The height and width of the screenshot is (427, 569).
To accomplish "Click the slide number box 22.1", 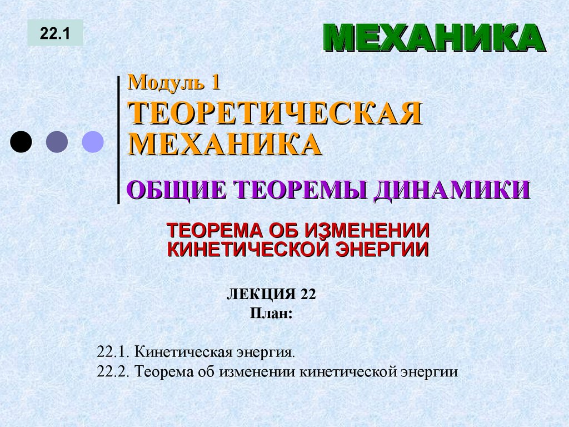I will click(55, 33).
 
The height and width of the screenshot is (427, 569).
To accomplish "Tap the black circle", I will click(21, 141).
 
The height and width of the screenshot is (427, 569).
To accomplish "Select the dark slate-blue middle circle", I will click(57, 141).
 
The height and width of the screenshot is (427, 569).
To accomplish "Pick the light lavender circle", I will click(93, 141).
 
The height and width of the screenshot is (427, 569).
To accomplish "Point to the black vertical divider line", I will click(118, 139).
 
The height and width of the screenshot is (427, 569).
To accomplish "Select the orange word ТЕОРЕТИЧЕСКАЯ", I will click(275, 113).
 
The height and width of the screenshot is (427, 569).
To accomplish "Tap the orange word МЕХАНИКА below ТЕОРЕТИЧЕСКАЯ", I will click(225, 144).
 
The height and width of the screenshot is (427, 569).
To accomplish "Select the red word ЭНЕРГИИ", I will click(381, 249).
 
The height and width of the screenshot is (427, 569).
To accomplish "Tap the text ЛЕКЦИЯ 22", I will click(271, 294).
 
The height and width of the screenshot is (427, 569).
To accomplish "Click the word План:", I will click(271, 313).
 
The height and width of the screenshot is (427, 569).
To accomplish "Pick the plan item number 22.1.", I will click(113, 352).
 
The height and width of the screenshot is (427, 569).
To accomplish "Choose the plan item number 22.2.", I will click(113, 371).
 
